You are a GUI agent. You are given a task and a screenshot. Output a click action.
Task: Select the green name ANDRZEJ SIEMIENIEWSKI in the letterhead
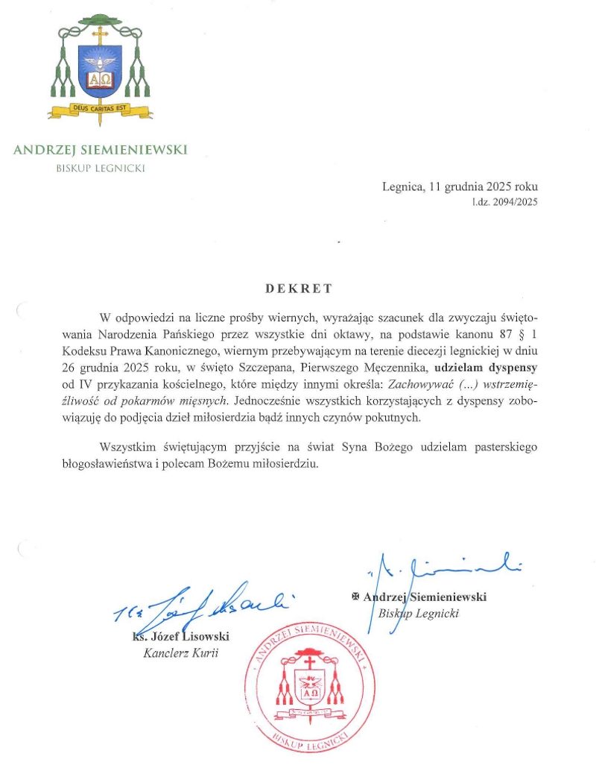click(100, 150)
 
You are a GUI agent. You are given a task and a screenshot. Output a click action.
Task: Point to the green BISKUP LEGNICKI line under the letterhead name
click(101, 168)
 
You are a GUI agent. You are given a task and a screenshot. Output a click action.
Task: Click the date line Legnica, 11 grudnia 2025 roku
click(460, 187)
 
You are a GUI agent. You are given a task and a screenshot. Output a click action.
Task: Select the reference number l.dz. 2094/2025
click(504, 201)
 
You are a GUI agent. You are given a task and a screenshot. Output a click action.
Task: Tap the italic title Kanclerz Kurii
click(175, 654)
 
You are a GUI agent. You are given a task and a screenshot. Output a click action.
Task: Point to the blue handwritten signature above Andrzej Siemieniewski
click(440, 570)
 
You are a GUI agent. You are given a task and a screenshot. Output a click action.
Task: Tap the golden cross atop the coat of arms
click(100, 34)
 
